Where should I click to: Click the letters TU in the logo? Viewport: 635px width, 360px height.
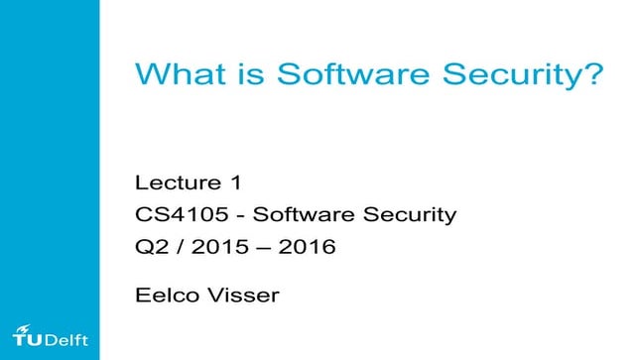click(28, 338)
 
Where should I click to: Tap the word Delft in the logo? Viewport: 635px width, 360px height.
click(66, 340)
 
